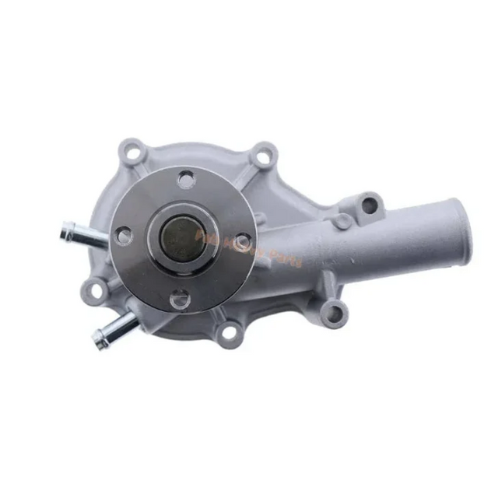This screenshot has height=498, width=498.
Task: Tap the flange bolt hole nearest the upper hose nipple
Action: click(x=122, y=233)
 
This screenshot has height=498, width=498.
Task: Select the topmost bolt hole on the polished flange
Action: click(x=185, y=181)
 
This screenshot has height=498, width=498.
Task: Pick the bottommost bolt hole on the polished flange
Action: click(x=180, y=296)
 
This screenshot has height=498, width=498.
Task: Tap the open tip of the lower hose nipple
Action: click(x=98, y=338)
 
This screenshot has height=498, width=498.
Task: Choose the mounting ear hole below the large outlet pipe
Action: click(x=333, y=314)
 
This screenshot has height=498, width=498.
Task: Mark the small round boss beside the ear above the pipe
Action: click(x=341, y=222)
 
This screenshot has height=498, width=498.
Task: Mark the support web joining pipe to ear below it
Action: click(x=319, y=292)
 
